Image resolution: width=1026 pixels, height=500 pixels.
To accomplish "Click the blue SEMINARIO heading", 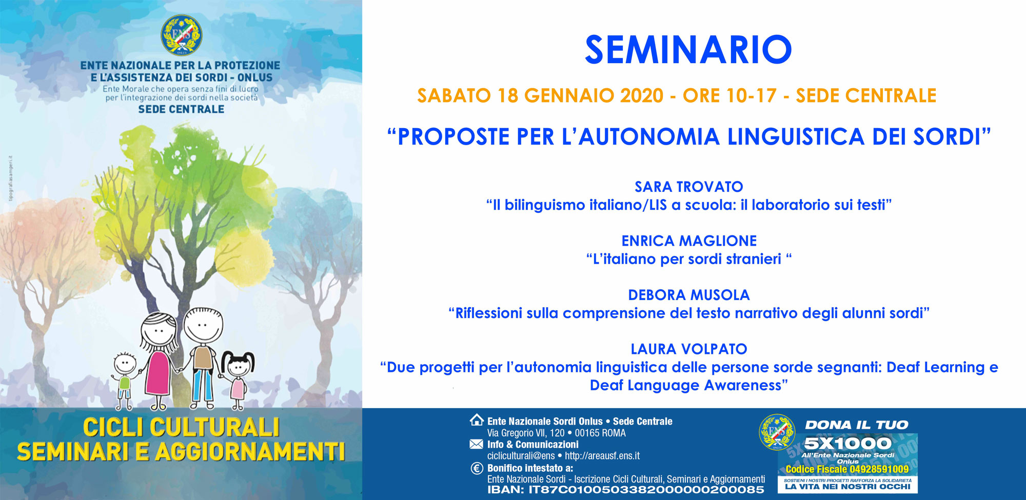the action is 688,50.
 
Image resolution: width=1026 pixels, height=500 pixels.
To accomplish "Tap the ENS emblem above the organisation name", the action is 182,35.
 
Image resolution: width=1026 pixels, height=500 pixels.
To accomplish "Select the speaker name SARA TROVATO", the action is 689,187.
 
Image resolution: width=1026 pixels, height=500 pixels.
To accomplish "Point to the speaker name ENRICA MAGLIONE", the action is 689,241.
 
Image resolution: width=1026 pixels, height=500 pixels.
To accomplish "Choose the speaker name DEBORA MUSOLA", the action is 689,295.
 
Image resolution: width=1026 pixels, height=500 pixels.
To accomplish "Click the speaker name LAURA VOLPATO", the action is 689,349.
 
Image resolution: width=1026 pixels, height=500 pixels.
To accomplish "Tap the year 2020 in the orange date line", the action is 642,96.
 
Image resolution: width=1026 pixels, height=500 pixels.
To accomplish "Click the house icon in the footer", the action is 477,420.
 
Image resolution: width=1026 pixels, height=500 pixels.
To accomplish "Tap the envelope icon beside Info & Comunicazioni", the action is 477,444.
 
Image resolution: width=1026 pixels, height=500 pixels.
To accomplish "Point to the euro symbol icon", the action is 477,468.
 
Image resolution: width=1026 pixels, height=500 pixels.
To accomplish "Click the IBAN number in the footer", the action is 646,490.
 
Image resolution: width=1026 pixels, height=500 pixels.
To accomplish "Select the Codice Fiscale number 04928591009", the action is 879,469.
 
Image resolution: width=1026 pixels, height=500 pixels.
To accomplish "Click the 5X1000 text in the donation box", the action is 847,443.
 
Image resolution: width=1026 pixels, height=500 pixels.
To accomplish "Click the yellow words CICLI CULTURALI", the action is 181,427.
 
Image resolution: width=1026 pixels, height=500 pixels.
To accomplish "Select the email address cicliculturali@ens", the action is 521,456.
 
